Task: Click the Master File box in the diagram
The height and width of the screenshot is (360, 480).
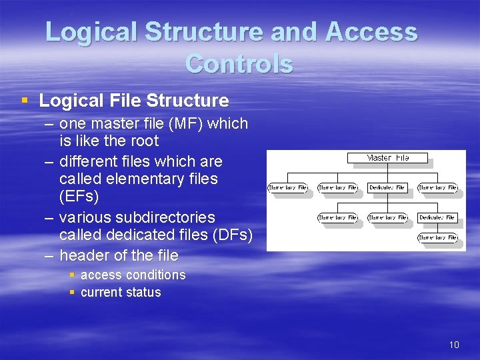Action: coord(387,158)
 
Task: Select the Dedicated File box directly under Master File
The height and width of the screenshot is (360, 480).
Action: coord(387,188)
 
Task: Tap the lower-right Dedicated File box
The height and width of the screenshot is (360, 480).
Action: coord(437,217)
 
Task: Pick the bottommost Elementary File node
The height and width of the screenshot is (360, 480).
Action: coord(437,237)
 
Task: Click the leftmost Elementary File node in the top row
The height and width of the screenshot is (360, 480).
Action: coord(287,188)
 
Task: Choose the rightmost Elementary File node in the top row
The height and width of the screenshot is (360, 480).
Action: coord(437,188)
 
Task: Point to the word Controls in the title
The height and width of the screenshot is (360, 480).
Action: coord(239,64)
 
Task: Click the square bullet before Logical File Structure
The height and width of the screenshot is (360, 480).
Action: coord(25,101)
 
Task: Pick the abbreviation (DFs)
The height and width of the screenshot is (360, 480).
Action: coord(229,235)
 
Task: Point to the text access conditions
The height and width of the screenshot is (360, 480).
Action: coord(133,275)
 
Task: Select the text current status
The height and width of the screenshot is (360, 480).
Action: coord(121,292)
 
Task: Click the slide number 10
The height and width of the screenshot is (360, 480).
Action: coord(454,345)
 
